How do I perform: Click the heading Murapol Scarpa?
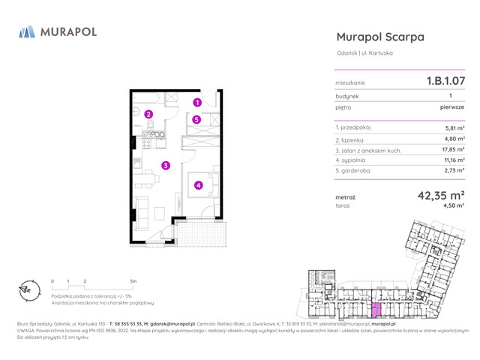coord(380,37)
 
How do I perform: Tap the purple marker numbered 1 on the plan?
coord(196,103)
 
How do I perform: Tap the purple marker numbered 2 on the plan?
coord(148,115)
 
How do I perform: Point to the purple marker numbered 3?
coord(166,166)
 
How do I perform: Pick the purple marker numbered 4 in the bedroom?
coord(198,185)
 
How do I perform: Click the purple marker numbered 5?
coord(196,119)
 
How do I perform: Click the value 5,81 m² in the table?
coord(455,128)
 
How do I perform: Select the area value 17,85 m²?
coord(453,149)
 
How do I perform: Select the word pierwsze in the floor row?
coord(452,107)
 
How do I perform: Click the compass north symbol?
coord(26,292)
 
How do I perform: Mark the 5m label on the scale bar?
coord(133,281)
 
